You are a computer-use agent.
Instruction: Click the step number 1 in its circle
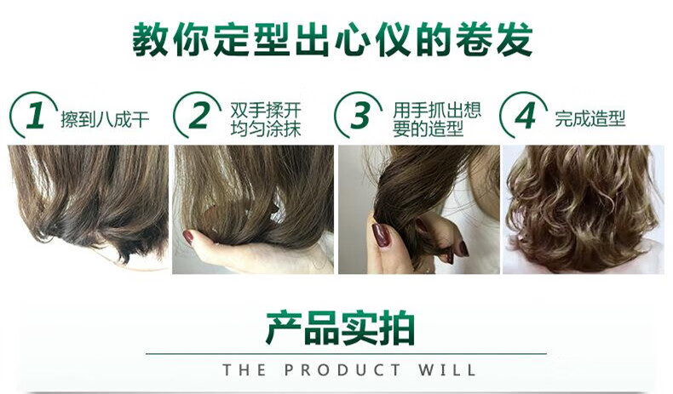[35, 116]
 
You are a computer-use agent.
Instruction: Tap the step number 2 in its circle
[198, 116]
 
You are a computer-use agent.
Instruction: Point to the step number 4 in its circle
[525, 116]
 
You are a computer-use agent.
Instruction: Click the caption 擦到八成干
[105, 119]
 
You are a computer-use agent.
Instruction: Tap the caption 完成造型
[590, 118]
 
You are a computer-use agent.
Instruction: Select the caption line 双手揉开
[266, 110]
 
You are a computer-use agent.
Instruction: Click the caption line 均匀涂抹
[266, 128]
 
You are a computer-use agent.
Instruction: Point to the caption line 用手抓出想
[436, 110]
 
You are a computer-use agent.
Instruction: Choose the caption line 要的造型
[428, 128]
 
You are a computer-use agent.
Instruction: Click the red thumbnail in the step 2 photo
[188, 237]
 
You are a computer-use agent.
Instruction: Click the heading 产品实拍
[340, 328]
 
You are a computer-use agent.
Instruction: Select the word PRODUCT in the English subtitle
[342, 369]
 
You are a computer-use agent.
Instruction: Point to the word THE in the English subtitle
[244, 369]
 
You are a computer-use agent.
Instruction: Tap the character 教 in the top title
[150, 40]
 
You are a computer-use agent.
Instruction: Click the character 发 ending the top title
[515, 40]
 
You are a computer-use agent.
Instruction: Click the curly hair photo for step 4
[584, 209]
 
